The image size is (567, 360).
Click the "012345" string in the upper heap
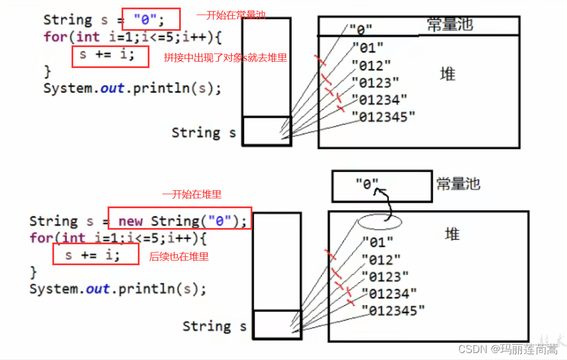(384, 117)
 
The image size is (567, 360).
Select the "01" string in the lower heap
(377, 241)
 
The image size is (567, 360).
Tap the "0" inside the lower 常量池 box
(367, 185)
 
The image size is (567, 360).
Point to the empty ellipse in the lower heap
(380, 221)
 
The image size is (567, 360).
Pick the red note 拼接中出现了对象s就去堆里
(226, 58)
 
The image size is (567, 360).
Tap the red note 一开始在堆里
(191, 195)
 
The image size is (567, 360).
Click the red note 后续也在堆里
(179, 256)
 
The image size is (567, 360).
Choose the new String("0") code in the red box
(183, 221)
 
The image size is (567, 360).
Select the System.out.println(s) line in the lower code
(117, 289)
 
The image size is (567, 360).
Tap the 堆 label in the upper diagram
(448, 74)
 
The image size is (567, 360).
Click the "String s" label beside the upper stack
(204, 133)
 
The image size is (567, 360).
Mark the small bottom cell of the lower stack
(276, 324)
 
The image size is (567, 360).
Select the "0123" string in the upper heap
(376, 83)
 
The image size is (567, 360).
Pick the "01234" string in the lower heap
(390, 294)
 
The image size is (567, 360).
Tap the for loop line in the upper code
(124, 37)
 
